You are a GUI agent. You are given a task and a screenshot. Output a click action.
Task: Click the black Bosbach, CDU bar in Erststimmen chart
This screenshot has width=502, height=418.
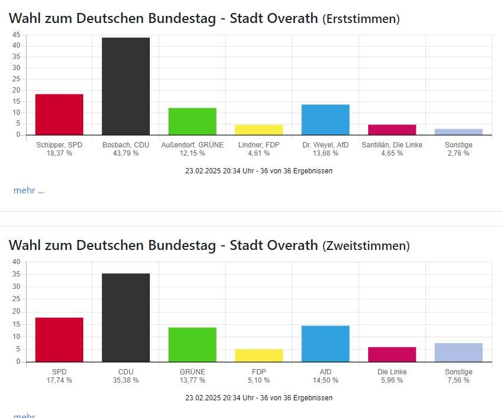tap(126, 86)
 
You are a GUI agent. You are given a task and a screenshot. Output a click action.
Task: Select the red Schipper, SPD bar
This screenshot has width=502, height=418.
tap(59, 114)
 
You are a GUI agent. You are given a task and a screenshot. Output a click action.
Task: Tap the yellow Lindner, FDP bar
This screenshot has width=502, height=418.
tap(259, 130)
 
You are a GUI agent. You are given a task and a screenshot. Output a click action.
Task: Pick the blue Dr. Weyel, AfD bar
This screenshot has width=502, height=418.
tap(325, 120)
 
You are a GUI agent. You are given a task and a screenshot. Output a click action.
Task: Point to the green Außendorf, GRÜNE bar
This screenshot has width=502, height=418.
tap(192, 121)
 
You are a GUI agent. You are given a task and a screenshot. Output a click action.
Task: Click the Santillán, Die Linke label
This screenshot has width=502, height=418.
tap(392, 145)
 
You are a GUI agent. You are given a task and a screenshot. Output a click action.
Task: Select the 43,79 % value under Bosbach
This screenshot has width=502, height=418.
tap(126, 153)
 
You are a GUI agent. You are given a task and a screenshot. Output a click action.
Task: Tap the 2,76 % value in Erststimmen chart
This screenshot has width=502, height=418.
tap(458, 153)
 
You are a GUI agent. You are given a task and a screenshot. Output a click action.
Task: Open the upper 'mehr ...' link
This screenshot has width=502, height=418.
tap(28, 190)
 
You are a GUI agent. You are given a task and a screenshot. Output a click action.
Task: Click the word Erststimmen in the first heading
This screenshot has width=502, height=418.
tap(361, 19)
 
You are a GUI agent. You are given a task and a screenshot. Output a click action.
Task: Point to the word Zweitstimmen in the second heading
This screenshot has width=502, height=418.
tap(366, 246)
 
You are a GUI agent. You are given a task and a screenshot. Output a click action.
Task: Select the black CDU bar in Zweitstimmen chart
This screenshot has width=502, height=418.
tap(126, 318)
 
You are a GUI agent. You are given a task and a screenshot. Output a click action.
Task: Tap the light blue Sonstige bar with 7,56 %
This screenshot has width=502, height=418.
tap(458, 353)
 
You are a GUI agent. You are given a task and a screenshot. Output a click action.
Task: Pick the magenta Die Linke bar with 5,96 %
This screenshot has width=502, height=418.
tap(392, 354)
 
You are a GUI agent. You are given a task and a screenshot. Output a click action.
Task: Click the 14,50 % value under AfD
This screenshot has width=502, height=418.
tap(325, 380)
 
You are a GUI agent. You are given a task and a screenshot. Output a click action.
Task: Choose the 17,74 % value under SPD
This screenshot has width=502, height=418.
tap(59, 380)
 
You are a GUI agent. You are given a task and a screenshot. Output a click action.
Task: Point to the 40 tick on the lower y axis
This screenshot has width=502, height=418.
tap(16, 262)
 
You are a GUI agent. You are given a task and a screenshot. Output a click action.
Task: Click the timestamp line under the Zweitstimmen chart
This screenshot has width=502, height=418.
tap(258, 398)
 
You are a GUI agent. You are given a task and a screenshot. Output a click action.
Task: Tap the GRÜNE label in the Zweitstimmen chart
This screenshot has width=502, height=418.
tap(192, 372)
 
